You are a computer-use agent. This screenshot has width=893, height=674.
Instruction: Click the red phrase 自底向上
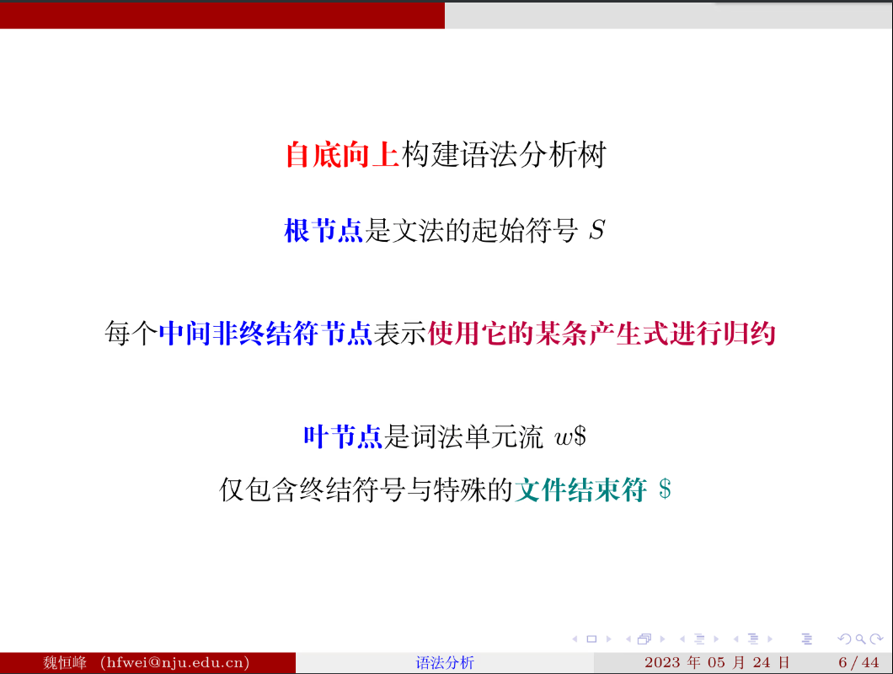(x=343, y=155)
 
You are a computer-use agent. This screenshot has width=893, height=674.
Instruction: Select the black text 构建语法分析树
(x=503, y=155)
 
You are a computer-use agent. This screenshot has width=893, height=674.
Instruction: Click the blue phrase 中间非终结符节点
(x=265, y=334)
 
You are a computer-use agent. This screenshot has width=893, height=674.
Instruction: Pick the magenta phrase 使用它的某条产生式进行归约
(x=602, y=334)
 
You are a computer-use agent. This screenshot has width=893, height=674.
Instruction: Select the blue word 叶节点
(x=343, y=436)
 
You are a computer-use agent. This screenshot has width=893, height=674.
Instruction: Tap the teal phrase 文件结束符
(x=580, y=489)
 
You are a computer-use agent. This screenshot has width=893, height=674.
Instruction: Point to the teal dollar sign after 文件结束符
(x=665, y=489)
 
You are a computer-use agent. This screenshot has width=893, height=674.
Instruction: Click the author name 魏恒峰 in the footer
(x=64, y=662)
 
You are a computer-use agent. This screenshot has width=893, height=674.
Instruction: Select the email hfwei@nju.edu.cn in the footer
(x=174, y=662)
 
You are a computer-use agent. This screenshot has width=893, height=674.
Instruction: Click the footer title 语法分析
(x=445, y=662)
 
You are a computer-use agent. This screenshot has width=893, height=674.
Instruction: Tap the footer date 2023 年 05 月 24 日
(x=717, y=662)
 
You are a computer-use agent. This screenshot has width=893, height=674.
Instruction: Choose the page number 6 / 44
(x=858, y=662)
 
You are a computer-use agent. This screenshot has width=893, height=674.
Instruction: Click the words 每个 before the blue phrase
(x=131, y=334)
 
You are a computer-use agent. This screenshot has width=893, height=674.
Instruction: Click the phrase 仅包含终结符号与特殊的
(x=366, y=489)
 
